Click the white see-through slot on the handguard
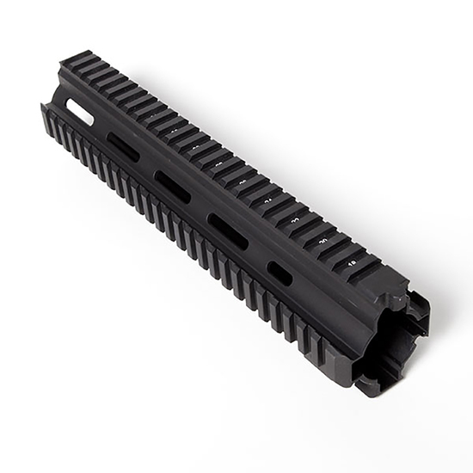pos(80,112)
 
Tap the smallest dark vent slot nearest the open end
pos(279,273)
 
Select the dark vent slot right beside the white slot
pos(123,147)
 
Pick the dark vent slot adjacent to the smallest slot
pos(228,231)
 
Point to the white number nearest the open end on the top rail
pos(352,262)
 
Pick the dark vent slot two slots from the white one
pos(172,187)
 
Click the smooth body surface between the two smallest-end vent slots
pos(255,253)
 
